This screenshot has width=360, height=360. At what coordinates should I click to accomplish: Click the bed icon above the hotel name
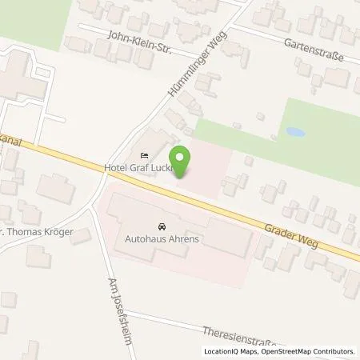[144, 155]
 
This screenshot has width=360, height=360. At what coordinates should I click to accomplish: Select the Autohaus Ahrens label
[162, 238]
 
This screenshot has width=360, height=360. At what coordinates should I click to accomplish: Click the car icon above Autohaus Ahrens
[162, 226]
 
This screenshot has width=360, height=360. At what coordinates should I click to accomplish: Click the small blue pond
[294, 131]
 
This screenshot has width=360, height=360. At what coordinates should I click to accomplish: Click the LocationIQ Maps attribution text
[231, 351]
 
